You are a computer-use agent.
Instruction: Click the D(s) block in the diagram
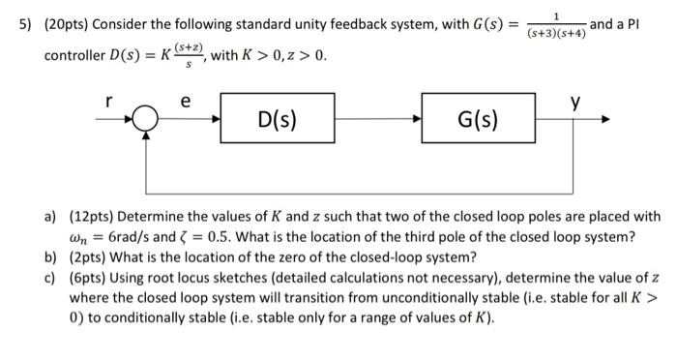pyautogui.click(x=278, y=121)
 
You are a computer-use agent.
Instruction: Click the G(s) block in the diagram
pyautogui.click(x=479, y=121)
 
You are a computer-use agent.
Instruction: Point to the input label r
pyautogui.click(x=109, y=100)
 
